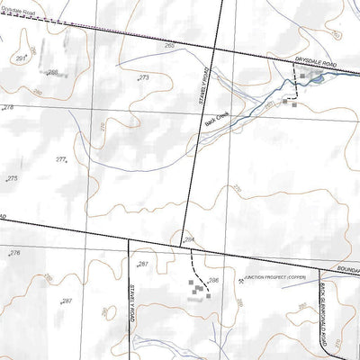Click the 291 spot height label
click(21, 58)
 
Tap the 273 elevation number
click(143, 78)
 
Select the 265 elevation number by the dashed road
click(169, 45)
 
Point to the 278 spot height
click(8, 108)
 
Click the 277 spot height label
click(60, 159)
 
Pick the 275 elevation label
click(12, 179)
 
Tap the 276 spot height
click(13, 254)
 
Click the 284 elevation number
click(189, 238)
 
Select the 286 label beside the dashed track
click(213, 281)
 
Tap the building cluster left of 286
click(194, 289)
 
